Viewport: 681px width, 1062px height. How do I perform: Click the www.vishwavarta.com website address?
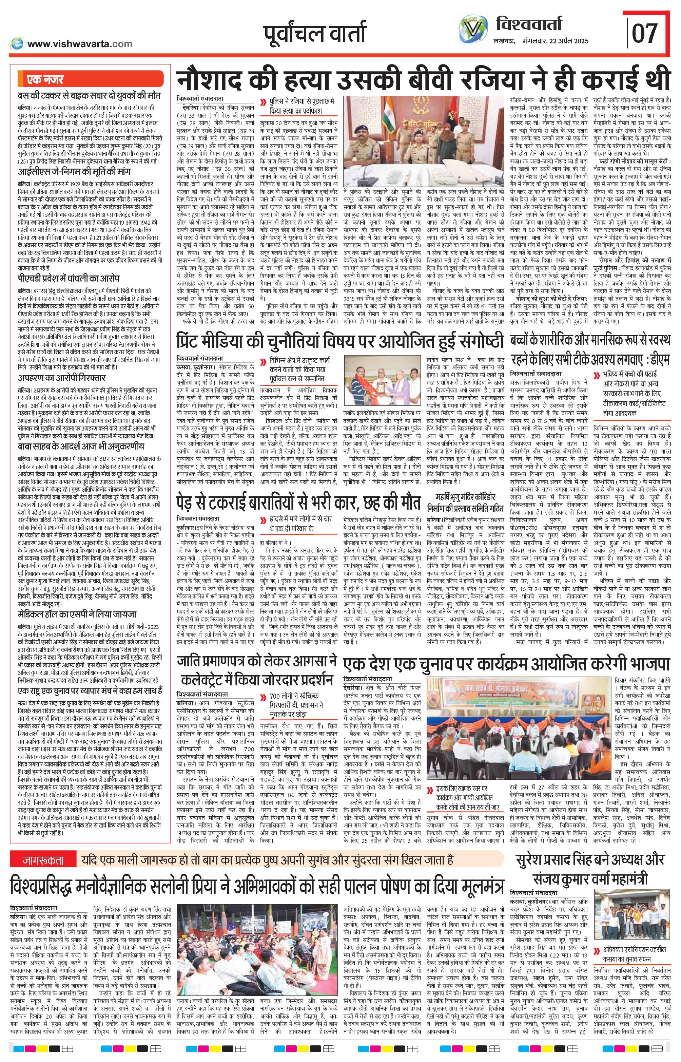(80, 43)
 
